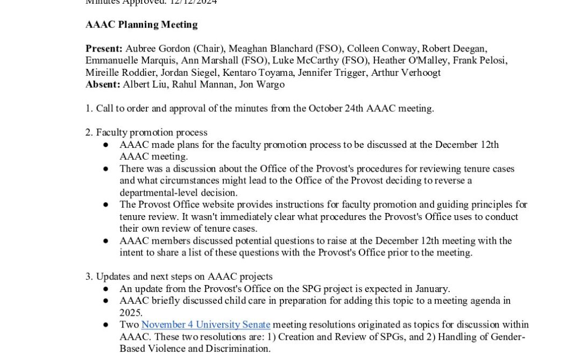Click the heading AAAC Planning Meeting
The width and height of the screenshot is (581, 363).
point(141,25)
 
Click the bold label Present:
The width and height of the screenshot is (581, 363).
point(104,48)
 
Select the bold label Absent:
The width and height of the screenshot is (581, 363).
point(103,84)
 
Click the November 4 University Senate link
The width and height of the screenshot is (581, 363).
point(206,325)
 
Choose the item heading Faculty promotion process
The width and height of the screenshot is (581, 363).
point(152,132)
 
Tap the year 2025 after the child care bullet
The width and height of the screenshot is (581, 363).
point(131,313)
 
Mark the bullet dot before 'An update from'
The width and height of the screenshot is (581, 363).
point(106,289)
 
